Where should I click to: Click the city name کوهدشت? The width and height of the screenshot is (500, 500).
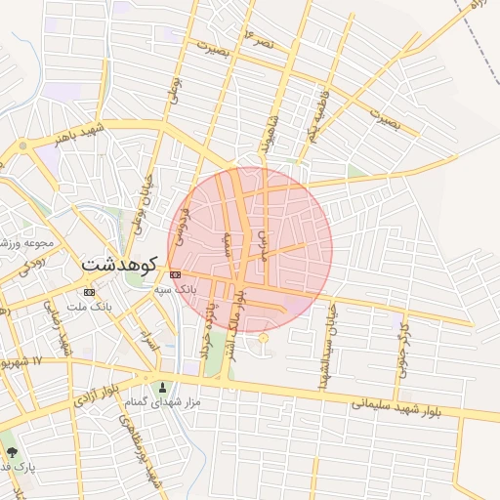pyautogui.click(x=120, y=263)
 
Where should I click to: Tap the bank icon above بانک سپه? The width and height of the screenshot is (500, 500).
pyautogui.click(x=175, y=275)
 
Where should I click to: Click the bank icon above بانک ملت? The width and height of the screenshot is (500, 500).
pyautogui.click(x=89, y=292)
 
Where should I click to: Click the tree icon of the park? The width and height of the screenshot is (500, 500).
pyautogui.click(x=12, y=453)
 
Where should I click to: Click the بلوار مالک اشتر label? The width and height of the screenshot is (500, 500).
pyautogui.click(x=238, y=324)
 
